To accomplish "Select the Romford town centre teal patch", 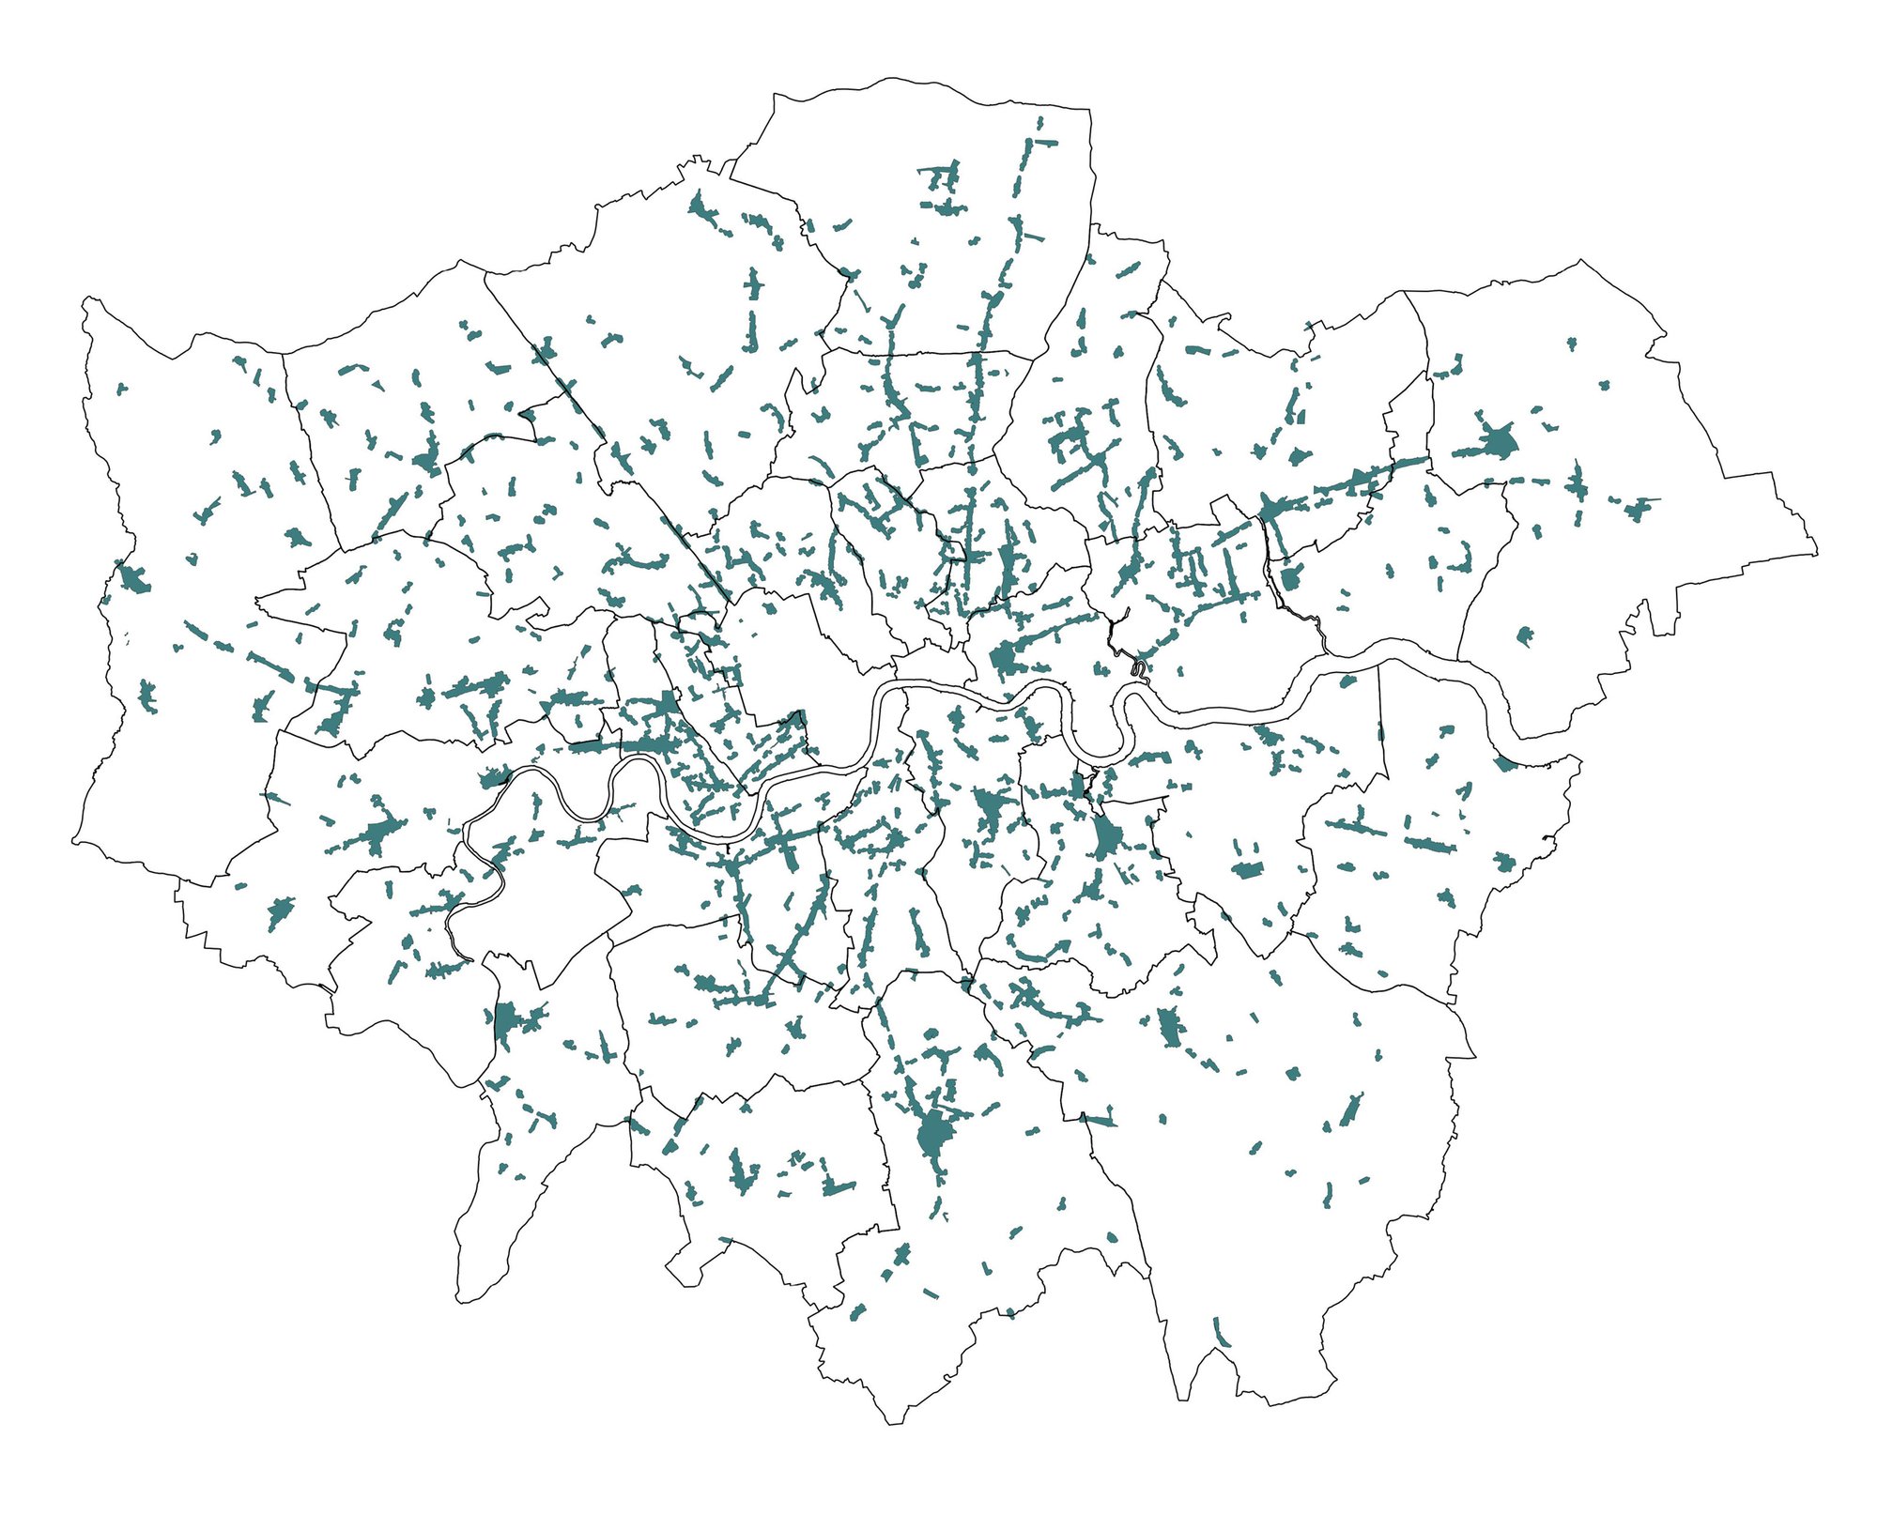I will tap(1497, 441).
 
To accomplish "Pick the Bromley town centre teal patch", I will tap(1169, 1026).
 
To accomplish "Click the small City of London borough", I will tap(934, 666).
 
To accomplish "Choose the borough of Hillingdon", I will tap(188, 610).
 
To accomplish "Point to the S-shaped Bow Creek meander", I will tap(1139, 668).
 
